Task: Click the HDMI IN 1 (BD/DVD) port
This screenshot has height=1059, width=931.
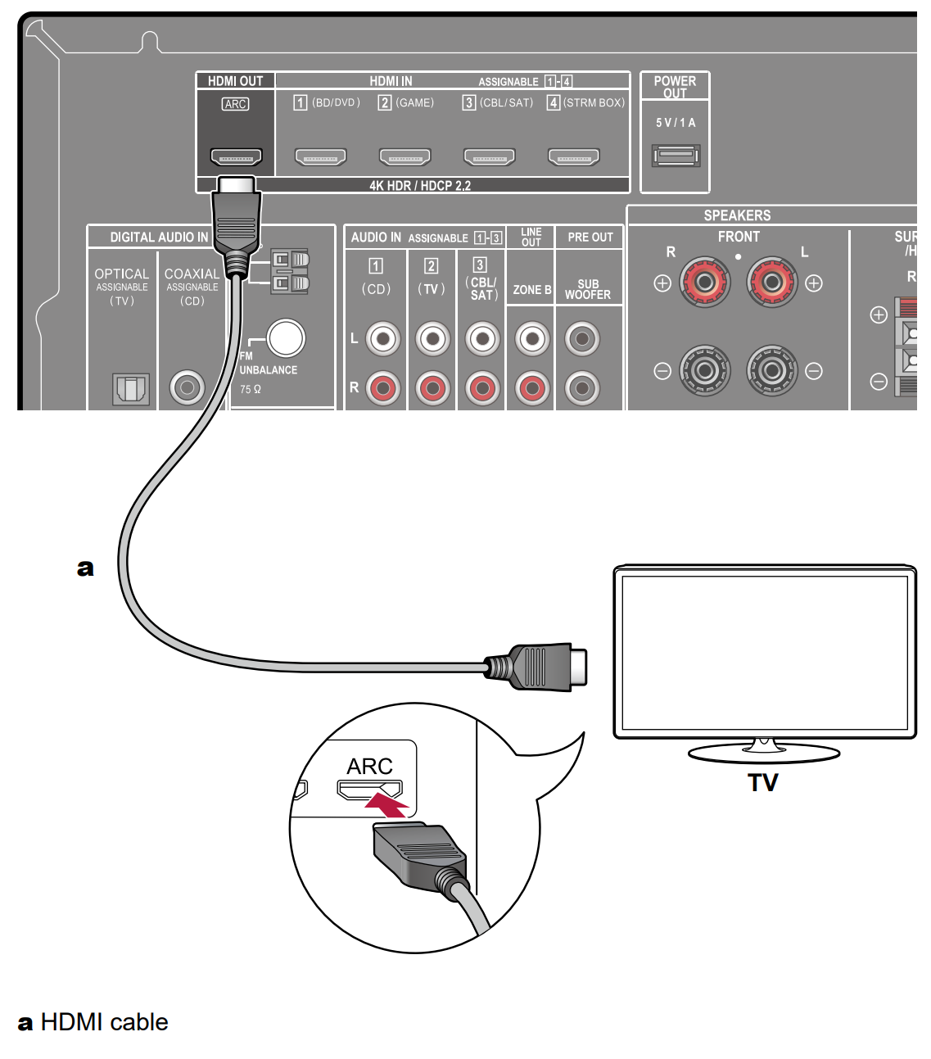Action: click(320, 156)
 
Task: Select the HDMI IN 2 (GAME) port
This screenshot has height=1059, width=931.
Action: click(404, 156)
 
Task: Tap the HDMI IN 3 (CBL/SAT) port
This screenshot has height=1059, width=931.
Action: click(489, 156)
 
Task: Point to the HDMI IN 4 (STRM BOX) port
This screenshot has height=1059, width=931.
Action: click(573, 156)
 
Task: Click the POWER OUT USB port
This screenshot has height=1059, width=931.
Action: click(676, 155)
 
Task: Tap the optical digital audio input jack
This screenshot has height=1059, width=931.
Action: click(131, 388)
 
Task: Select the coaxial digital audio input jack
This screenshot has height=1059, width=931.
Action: click(188, 387)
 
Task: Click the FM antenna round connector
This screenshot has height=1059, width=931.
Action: click(286, 337)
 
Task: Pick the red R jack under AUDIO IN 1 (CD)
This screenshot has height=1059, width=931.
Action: click(382, 388)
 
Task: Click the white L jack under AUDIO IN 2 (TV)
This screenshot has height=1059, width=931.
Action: click(433, 338)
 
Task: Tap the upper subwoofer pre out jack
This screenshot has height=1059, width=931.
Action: click(582, 338)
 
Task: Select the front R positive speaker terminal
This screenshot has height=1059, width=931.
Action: click(704, 283)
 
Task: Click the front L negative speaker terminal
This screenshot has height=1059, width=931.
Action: click(771, 371)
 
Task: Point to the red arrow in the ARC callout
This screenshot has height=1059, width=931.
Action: click(386, 803)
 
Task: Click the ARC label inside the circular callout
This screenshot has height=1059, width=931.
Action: click(369, 766)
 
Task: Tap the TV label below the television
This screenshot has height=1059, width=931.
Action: click(762, 783)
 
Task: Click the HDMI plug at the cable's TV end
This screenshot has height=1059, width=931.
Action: click(540, 667)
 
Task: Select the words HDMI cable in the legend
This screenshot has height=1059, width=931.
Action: click(104, 1022)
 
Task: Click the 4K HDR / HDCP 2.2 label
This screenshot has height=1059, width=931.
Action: click(419, 186)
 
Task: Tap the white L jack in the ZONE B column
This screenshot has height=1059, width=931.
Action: click(532, 338)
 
